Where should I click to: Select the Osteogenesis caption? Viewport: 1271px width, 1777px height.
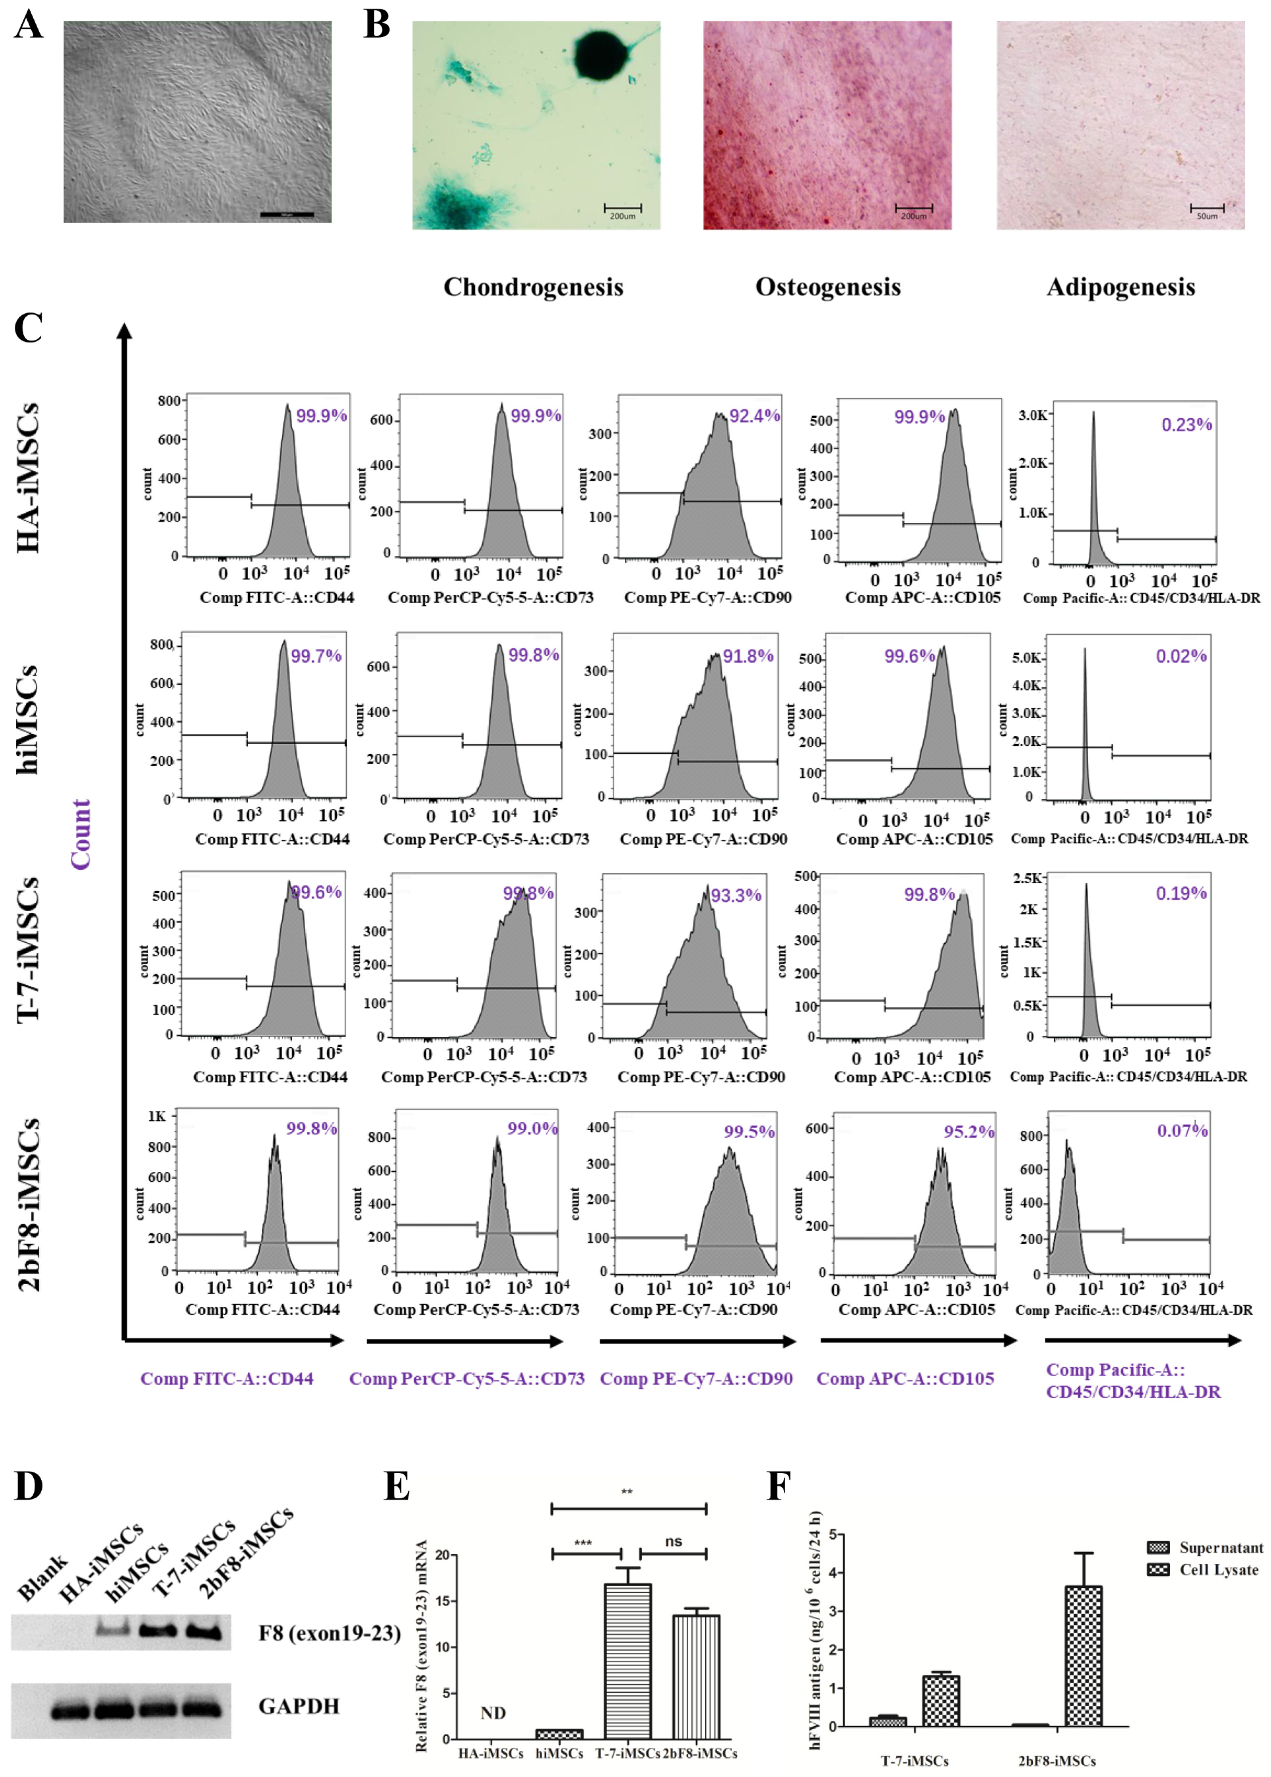tap(827, 287)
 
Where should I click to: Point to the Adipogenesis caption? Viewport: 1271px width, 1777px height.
tap(1120, 287)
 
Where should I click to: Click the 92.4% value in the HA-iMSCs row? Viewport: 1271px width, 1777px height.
tap(754, 415)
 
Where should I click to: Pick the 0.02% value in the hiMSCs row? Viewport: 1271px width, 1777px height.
tap(1181, 656)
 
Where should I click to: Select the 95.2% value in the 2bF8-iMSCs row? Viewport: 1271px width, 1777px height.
tap(969, 1131)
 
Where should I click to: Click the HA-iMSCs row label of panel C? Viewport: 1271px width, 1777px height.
tap(27, 478)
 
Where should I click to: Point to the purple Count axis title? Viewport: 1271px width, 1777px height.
tap(81, 833)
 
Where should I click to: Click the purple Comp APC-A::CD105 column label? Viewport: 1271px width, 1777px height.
tap(905, 1379)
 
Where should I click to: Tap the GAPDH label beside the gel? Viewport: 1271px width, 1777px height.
tap(299, 1706)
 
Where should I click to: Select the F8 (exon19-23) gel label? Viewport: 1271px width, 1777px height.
tap(330, 1633)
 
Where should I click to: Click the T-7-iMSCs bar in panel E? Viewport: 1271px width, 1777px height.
tap(627, 1660)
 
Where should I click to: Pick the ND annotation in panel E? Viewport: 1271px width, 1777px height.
tap(493, 1713)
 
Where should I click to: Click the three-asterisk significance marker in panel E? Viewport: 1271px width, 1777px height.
tap(583, 1543)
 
